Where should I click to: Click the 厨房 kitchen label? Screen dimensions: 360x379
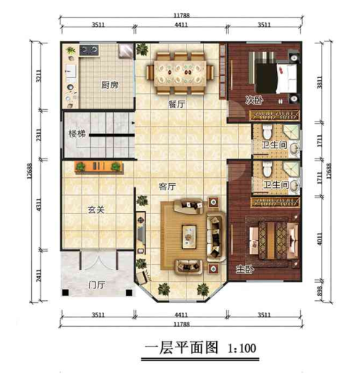coord(110,85)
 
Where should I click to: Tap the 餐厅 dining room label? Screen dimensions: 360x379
coord(176,104)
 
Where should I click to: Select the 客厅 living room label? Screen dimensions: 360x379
coord(167,187)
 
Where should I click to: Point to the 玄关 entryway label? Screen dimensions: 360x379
coord(96,210)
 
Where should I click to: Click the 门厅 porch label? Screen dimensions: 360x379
coord(96,285)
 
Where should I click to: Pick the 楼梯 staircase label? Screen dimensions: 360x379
coord(77,134)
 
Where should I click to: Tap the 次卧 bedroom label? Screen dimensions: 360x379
coord(254,100)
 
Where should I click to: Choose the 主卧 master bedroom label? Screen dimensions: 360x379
coord(245,269)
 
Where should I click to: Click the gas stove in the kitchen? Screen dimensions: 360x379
coord(89,50)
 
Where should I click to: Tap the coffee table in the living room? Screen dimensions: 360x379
coord(189,237)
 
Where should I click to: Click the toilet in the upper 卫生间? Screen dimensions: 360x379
coord(267,132)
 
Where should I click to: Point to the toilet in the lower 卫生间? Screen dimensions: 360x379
coord(267,169)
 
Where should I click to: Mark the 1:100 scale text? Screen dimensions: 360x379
coord(242,349)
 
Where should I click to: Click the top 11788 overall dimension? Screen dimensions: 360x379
coord(181,15)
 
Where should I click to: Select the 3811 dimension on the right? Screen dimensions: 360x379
coord(320,82)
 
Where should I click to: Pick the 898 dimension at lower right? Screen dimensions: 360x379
coord(320,291)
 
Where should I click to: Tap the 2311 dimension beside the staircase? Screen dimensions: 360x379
coord(38,135)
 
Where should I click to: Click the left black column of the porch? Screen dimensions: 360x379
coord(65,292)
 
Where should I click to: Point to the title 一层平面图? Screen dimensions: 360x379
coord(181,348)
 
